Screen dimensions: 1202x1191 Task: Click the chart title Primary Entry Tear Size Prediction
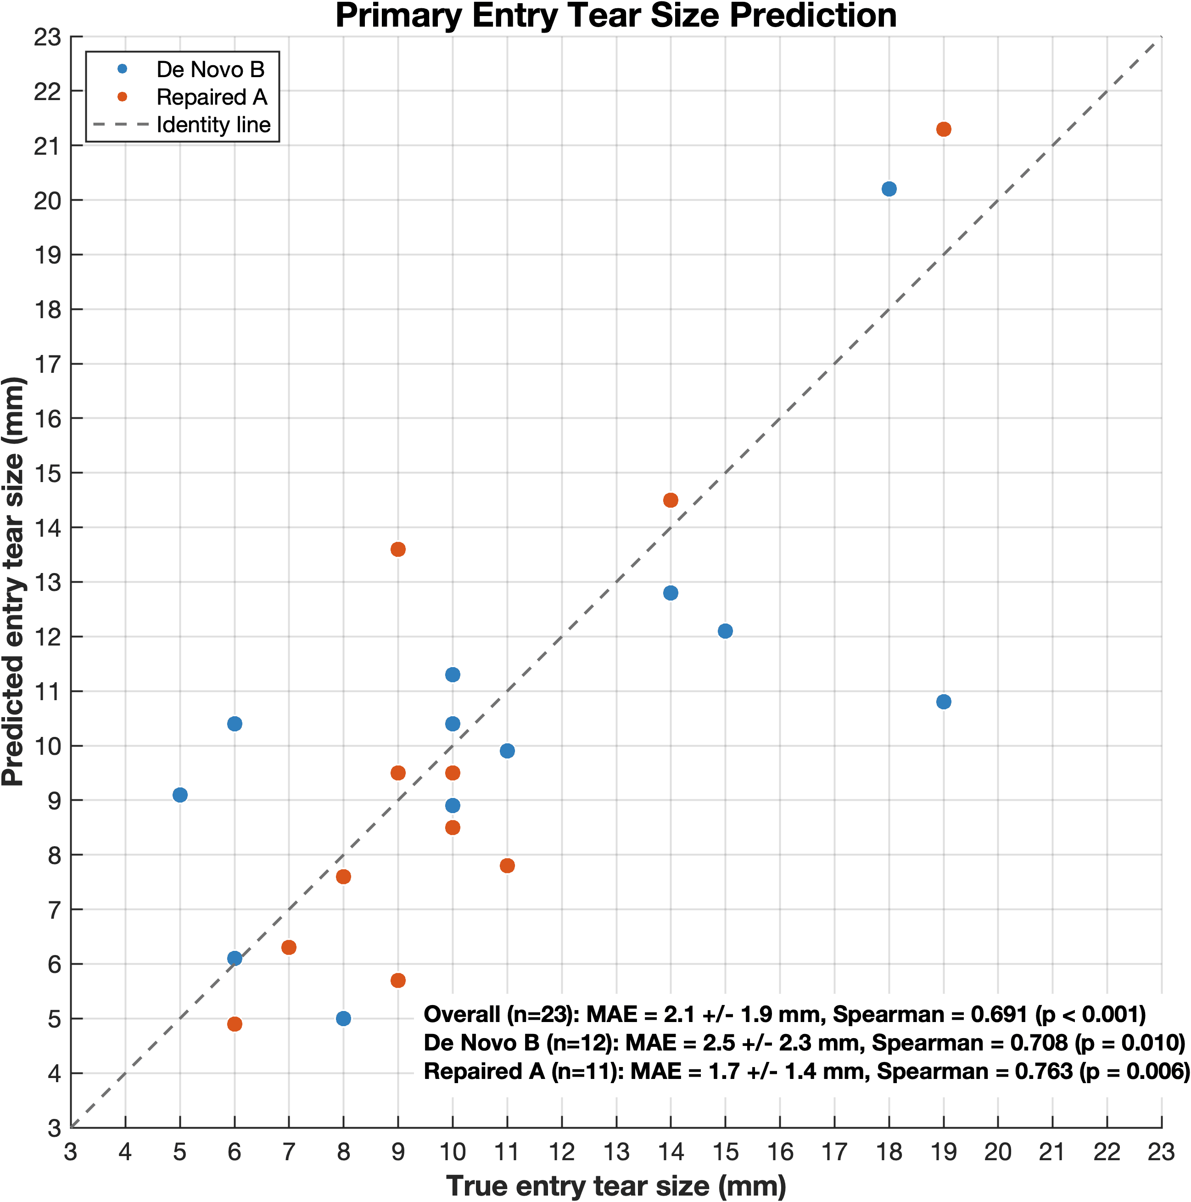point(616,16)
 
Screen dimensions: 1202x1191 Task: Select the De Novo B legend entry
point(210,70)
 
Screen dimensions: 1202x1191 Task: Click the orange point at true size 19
point(944,129)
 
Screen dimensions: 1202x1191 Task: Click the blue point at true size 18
point(889,189)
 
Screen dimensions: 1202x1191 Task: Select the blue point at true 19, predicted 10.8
point(944,702)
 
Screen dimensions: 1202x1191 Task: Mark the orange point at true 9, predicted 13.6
point(398,550)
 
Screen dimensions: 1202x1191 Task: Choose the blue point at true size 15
point(725,631)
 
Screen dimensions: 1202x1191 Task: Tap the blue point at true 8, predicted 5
point(343,1018)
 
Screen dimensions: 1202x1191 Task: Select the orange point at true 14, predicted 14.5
point(671,500)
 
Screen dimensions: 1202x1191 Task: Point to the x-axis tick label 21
point(1052,1152)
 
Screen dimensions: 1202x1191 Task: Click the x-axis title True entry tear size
point(616,1186)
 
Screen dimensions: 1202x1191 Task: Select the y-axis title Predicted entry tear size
point(14,582)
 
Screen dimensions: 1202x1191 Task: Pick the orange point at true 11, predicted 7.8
point(507,865)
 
